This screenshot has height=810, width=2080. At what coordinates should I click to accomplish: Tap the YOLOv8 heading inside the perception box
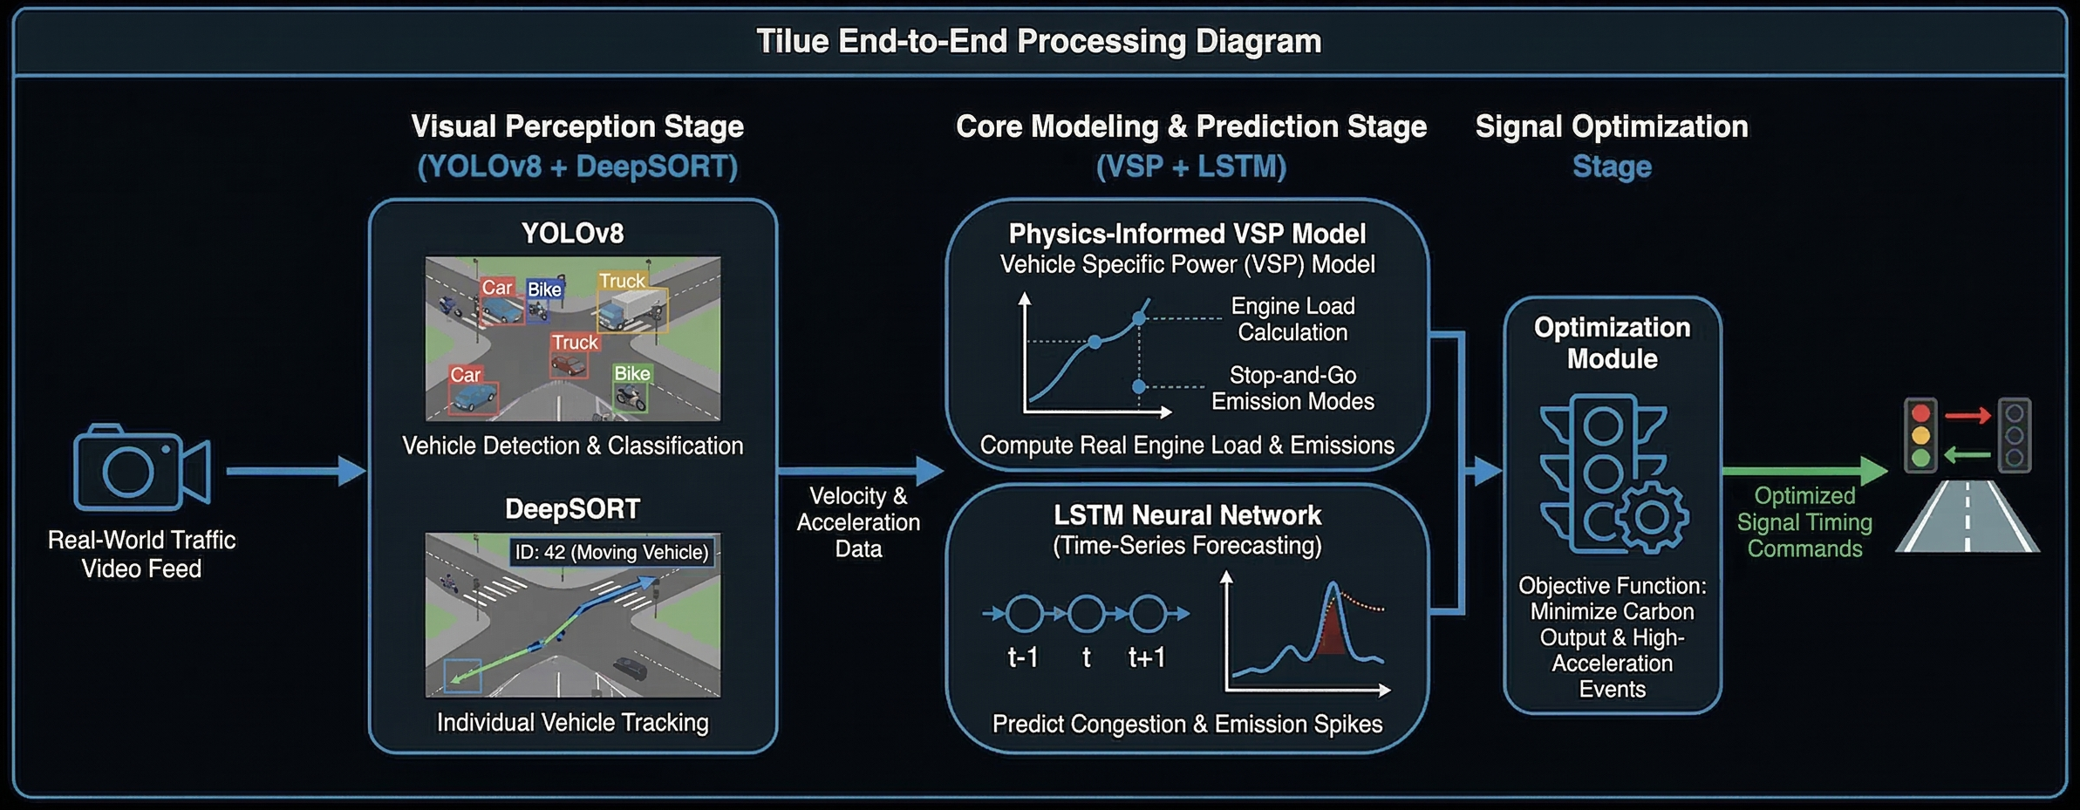(572, 234)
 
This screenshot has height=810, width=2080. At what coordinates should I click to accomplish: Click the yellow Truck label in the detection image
(622, 281)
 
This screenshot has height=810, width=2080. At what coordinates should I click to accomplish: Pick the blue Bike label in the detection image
(544, 289)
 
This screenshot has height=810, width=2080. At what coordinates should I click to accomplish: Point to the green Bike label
(631, 373)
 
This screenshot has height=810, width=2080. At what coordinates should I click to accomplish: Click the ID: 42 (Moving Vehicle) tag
(611, 552)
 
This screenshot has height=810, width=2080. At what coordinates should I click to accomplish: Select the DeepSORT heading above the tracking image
(572, 509)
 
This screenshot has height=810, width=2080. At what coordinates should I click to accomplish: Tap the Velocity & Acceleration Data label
(858, 522)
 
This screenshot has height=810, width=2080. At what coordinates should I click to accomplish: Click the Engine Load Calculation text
(1292, 319)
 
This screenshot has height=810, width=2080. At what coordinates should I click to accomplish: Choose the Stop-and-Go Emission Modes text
(1292, 388)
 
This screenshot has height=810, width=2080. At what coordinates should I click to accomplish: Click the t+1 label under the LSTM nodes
(1146, 657)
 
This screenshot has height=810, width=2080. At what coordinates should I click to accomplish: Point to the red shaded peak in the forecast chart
(1330, 632)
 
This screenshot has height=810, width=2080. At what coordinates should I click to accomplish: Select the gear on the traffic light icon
(1650, 517)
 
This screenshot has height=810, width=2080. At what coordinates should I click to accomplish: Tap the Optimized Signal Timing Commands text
(1804, 522)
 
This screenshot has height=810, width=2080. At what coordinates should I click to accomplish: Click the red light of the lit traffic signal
(1920, 413)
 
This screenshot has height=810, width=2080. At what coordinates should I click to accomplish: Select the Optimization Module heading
(1612, 343)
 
